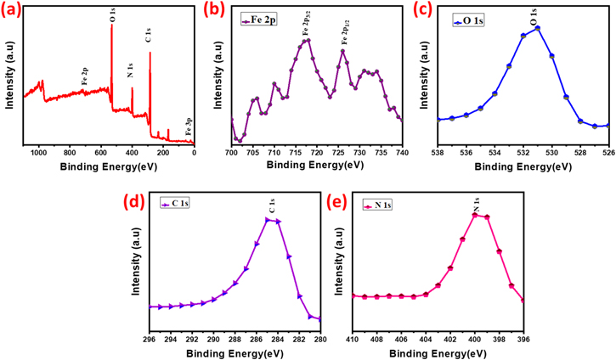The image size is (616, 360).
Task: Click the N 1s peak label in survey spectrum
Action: [130, 70]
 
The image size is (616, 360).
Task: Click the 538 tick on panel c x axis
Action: [438, 153]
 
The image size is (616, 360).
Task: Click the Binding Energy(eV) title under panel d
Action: [235, 351]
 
